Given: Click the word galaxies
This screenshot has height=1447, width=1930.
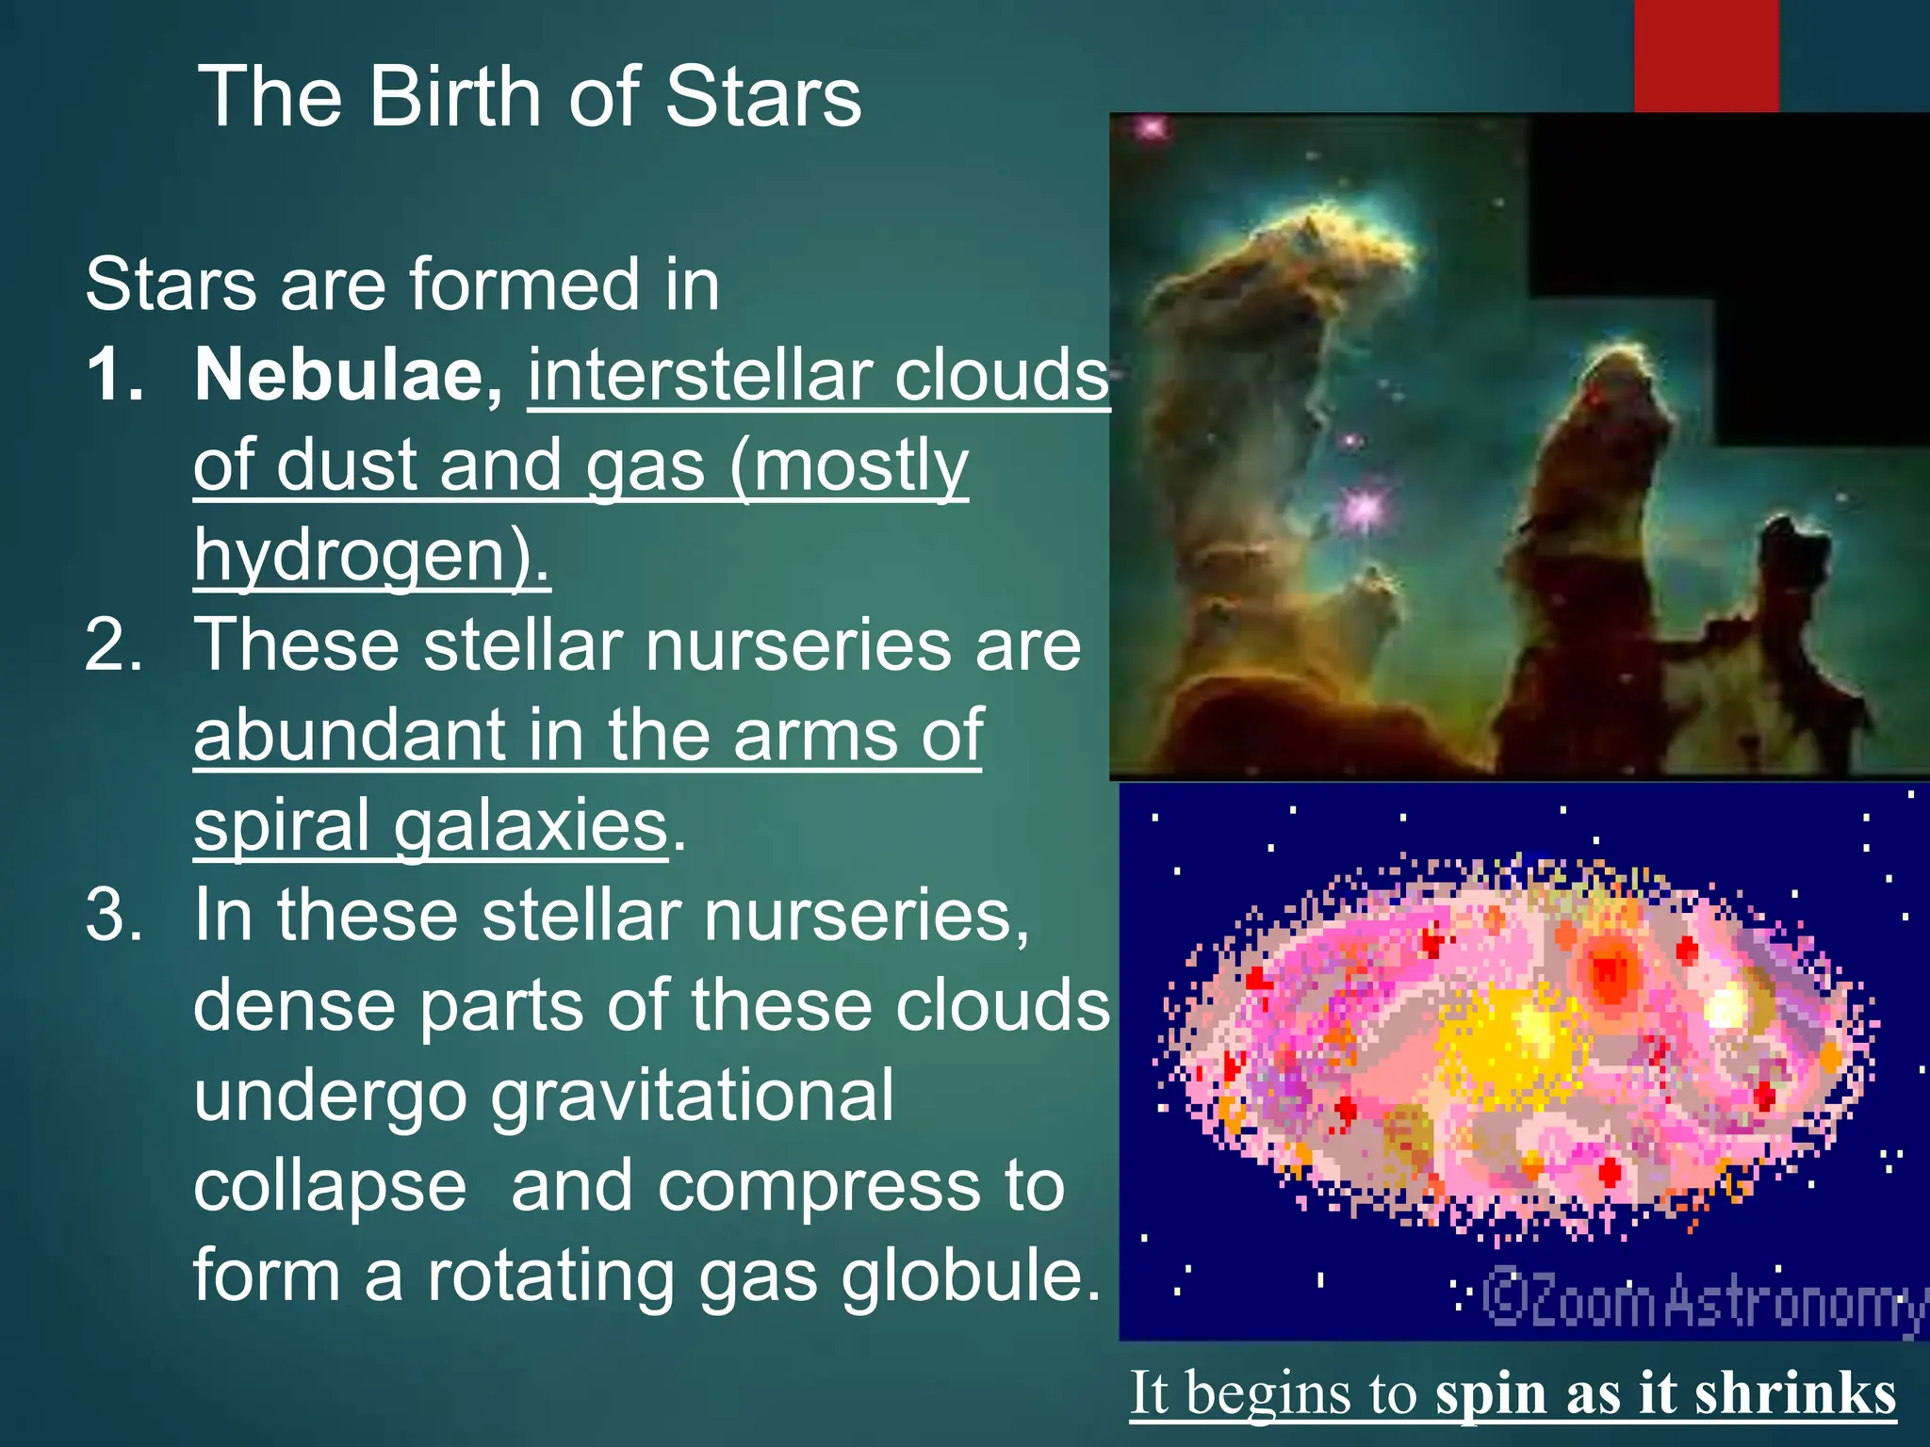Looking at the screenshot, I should [531, 825].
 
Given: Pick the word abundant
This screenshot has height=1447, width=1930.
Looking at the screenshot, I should [349, 736].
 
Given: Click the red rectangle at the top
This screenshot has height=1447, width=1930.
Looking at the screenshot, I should [1706, 55].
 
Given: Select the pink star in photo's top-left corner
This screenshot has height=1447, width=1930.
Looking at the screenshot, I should [1150, 128].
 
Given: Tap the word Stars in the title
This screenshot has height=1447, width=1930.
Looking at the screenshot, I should [762, 97].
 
